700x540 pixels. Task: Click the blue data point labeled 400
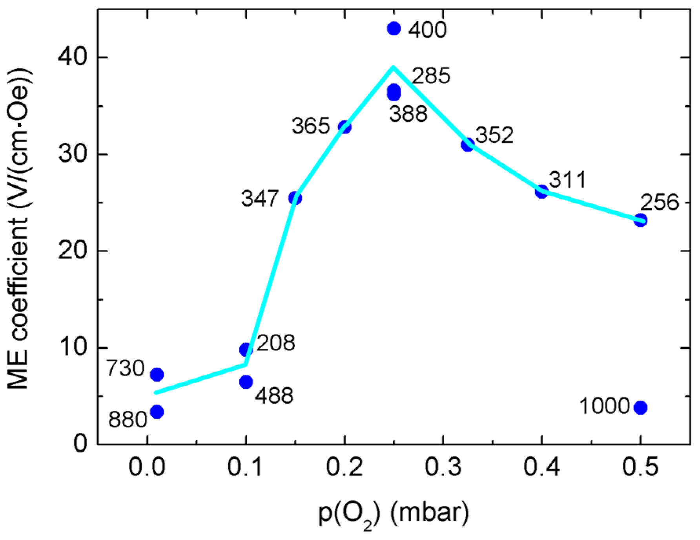tap(394, 28)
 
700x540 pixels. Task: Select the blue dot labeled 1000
tap(640, 408)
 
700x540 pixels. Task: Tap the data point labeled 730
tap(157, 375)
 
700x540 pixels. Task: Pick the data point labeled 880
tap(157, 412)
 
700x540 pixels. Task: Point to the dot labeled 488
tap(246, 382)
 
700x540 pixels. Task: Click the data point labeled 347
tap(295, 198)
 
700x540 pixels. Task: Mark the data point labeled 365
tap(345, 127)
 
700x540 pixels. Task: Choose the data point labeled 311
tap(542, 192)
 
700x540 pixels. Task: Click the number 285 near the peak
tap(431, 76)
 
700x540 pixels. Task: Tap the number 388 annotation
tap(408, 114)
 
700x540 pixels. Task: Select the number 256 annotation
tap(659, 203)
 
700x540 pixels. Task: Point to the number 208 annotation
tap(276, 343)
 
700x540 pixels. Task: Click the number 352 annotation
tap(494, 135)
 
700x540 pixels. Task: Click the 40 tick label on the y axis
tap(73, 57)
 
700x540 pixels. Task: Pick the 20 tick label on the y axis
tap(73, 251)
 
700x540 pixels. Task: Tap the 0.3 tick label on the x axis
tap(443, 467)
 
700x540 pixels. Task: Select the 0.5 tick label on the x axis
tap(640, 467)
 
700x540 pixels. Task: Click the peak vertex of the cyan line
tap(393, 67)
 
